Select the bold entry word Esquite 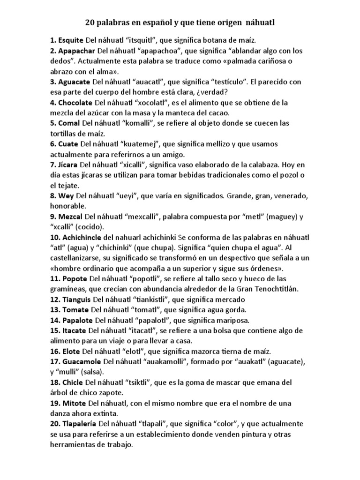point(72,41)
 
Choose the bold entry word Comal point(69,123)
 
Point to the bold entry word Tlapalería point(80,423)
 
